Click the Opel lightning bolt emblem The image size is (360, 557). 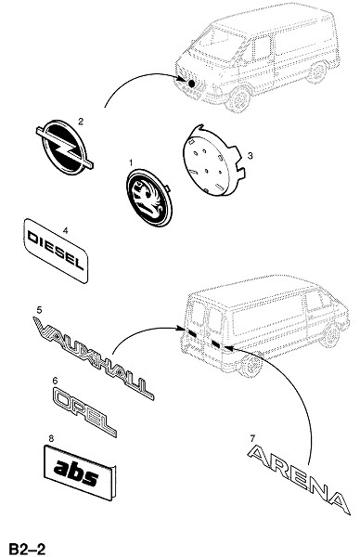(65, 147)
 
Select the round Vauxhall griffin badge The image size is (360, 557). (148, 198)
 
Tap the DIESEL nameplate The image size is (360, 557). (56, 251)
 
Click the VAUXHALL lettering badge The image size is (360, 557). (93, 357)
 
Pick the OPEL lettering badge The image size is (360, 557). (84, 411)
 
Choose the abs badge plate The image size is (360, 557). (79, 473)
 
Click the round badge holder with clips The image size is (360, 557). (213, 161)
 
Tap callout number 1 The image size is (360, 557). (131, 163)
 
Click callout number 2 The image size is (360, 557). (81, 122)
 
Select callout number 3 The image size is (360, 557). (250, 156)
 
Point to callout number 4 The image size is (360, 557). (65, 230)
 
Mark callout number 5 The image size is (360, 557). (39, 310)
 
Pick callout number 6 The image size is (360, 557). (55, 381)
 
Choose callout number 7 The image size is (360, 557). (252, 438)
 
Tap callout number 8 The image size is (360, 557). (51, 439)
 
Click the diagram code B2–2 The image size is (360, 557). (27, 549)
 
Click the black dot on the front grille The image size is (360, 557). (192, 84)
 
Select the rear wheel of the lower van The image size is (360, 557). (252, 365)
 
